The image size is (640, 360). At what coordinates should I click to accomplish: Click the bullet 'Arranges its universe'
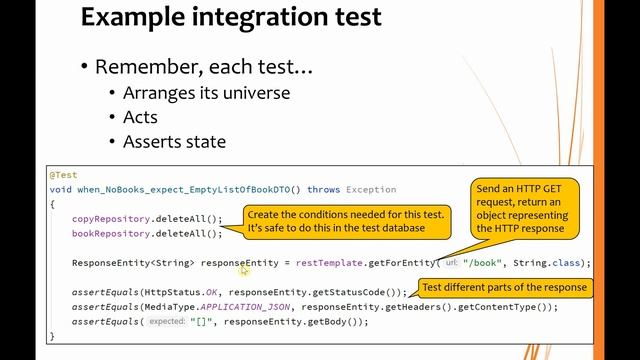(x=206, y=93)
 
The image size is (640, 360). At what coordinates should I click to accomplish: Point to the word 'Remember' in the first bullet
(x=151, y=67)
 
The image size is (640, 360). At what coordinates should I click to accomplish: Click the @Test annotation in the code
(x=62, y=174)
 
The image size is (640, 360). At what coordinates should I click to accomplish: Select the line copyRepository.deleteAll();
(x=146, y=218)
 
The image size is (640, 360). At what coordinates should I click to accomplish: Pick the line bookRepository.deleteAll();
(x=146, y=233)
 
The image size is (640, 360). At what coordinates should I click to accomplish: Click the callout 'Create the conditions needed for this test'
(x=335, y=222)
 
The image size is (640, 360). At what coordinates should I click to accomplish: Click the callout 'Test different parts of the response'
(x=505, y=287)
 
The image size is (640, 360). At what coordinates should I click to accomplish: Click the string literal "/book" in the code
(x=479, y=263)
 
